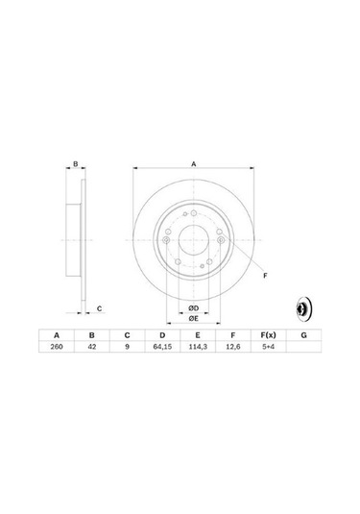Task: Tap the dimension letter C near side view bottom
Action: pos(100,307)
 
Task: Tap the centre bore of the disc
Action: pos(193,238)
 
